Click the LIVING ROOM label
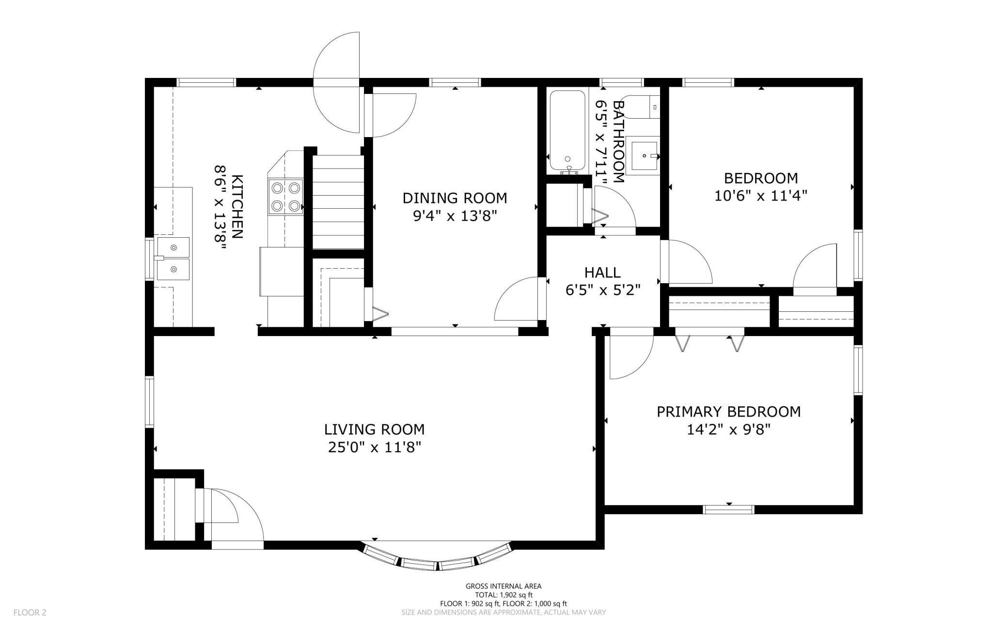(x=374, y=430)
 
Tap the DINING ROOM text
(x=455, y=198)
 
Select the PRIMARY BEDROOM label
(x=728, y=412)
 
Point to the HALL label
(x=602, y=273)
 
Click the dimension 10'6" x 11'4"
(x=761, y=196)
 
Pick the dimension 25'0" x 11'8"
(x=374, y=447)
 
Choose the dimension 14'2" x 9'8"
(x=728, y=430)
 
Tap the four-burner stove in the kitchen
(x=285, y=197)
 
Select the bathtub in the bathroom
(x=567, y=132)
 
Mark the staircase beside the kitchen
(x=338, y=202)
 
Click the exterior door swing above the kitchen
(x=336, y=83)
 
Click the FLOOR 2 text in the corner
(x=30, y=613)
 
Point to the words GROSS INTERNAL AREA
(x=504, y=586)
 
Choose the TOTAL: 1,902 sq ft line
(x=504, y=595)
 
